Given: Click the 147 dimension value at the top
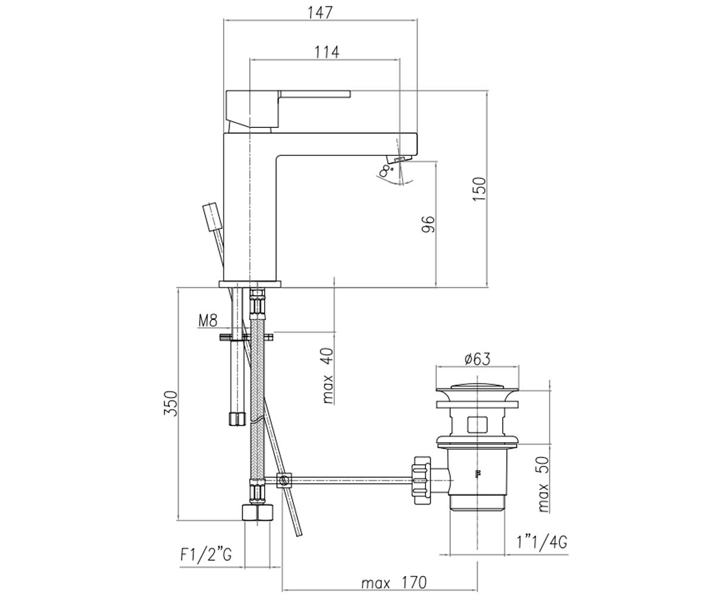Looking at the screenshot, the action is pos(320,12).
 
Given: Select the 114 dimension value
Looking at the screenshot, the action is pos(327,52).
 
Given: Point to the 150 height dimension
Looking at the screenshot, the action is pos(480,189).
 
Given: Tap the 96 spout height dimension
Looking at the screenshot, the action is pos(428,224).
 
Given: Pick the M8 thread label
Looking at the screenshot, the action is pos(208,321).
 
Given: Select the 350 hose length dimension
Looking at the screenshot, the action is pos(171,403).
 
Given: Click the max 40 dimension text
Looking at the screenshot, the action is pos(328,376).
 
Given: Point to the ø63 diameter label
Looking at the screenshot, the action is pos(477,359).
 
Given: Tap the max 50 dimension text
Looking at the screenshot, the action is pos(543,484).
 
